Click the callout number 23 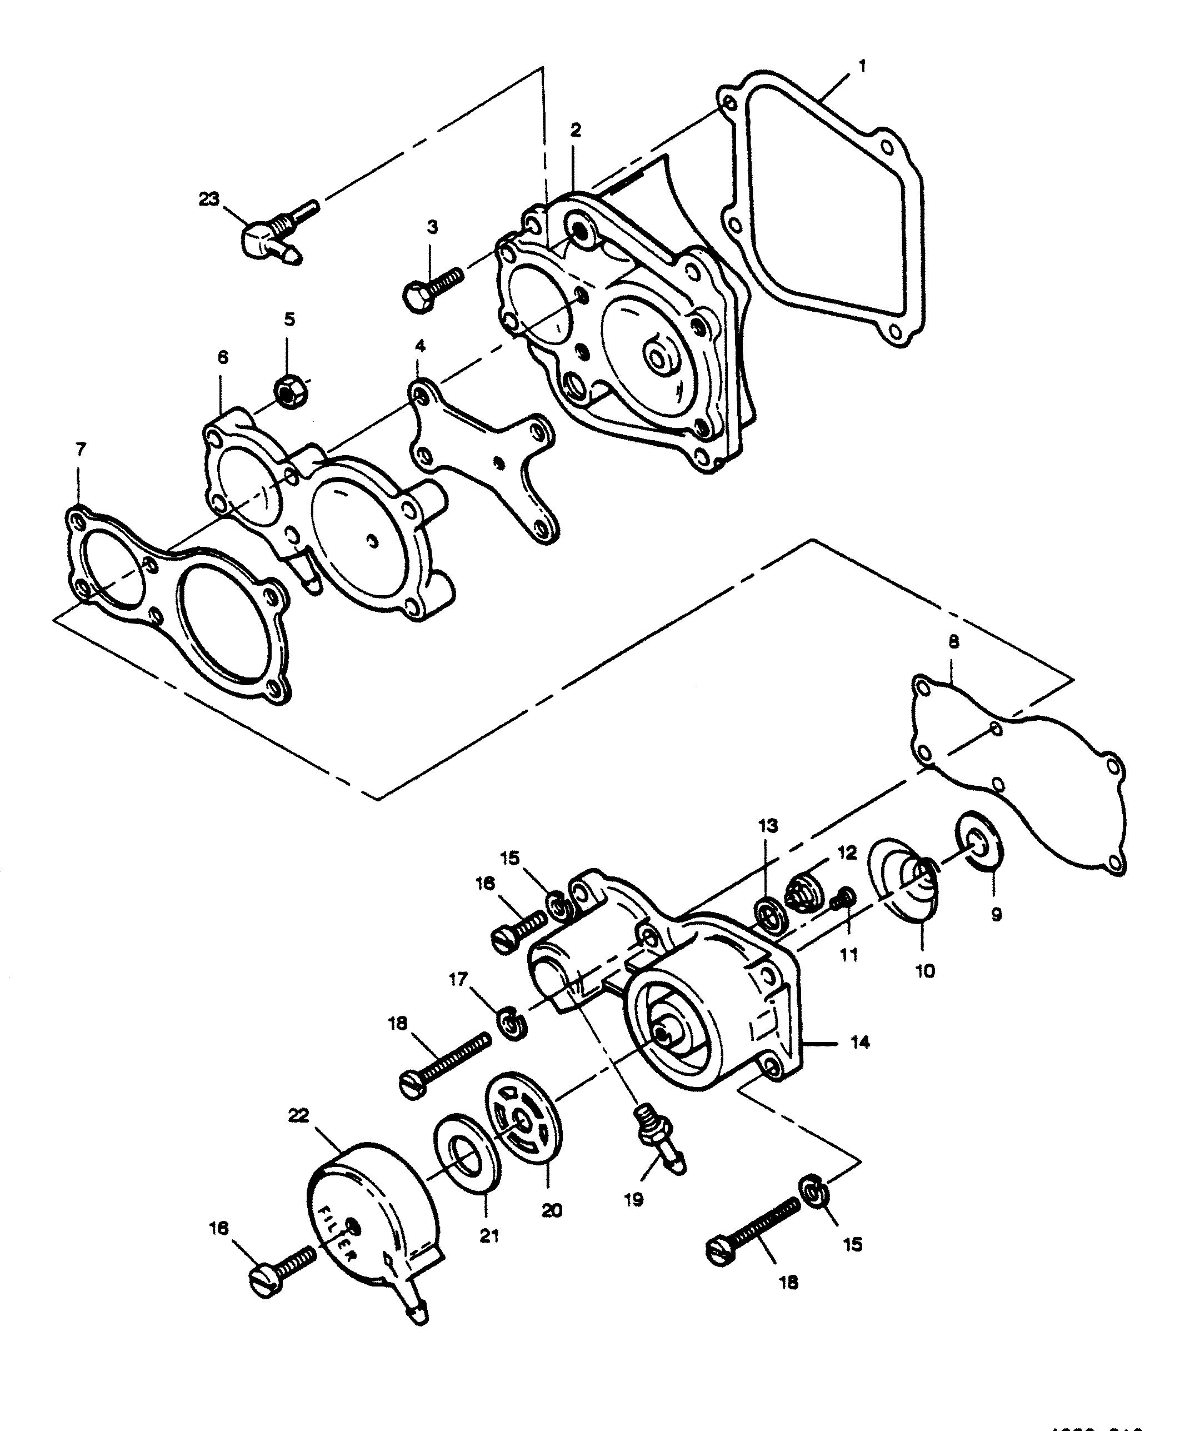[209, 199]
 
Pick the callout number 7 [81, 450]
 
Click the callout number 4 [420, 347]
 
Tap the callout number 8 [953, 642]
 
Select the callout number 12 [847, 854]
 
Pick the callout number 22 [299, 1115]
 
